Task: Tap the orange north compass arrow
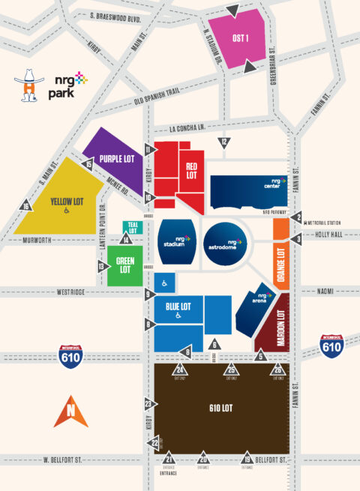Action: pyautogui.click(x=70, y=411)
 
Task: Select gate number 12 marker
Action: pyautogui.click(x=223, y=142)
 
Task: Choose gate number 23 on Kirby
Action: pyautogui.click(x=148, y=404)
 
